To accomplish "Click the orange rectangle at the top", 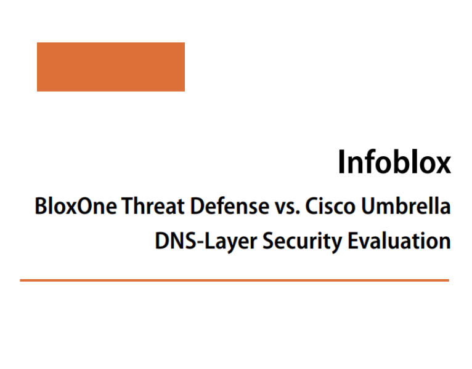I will [111, 66].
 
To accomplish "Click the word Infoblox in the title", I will [394, 162].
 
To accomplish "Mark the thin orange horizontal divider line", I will [234, 280].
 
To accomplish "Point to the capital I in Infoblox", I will [342, 162].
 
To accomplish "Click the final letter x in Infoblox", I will [444, 165].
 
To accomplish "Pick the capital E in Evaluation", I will [352, 240].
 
